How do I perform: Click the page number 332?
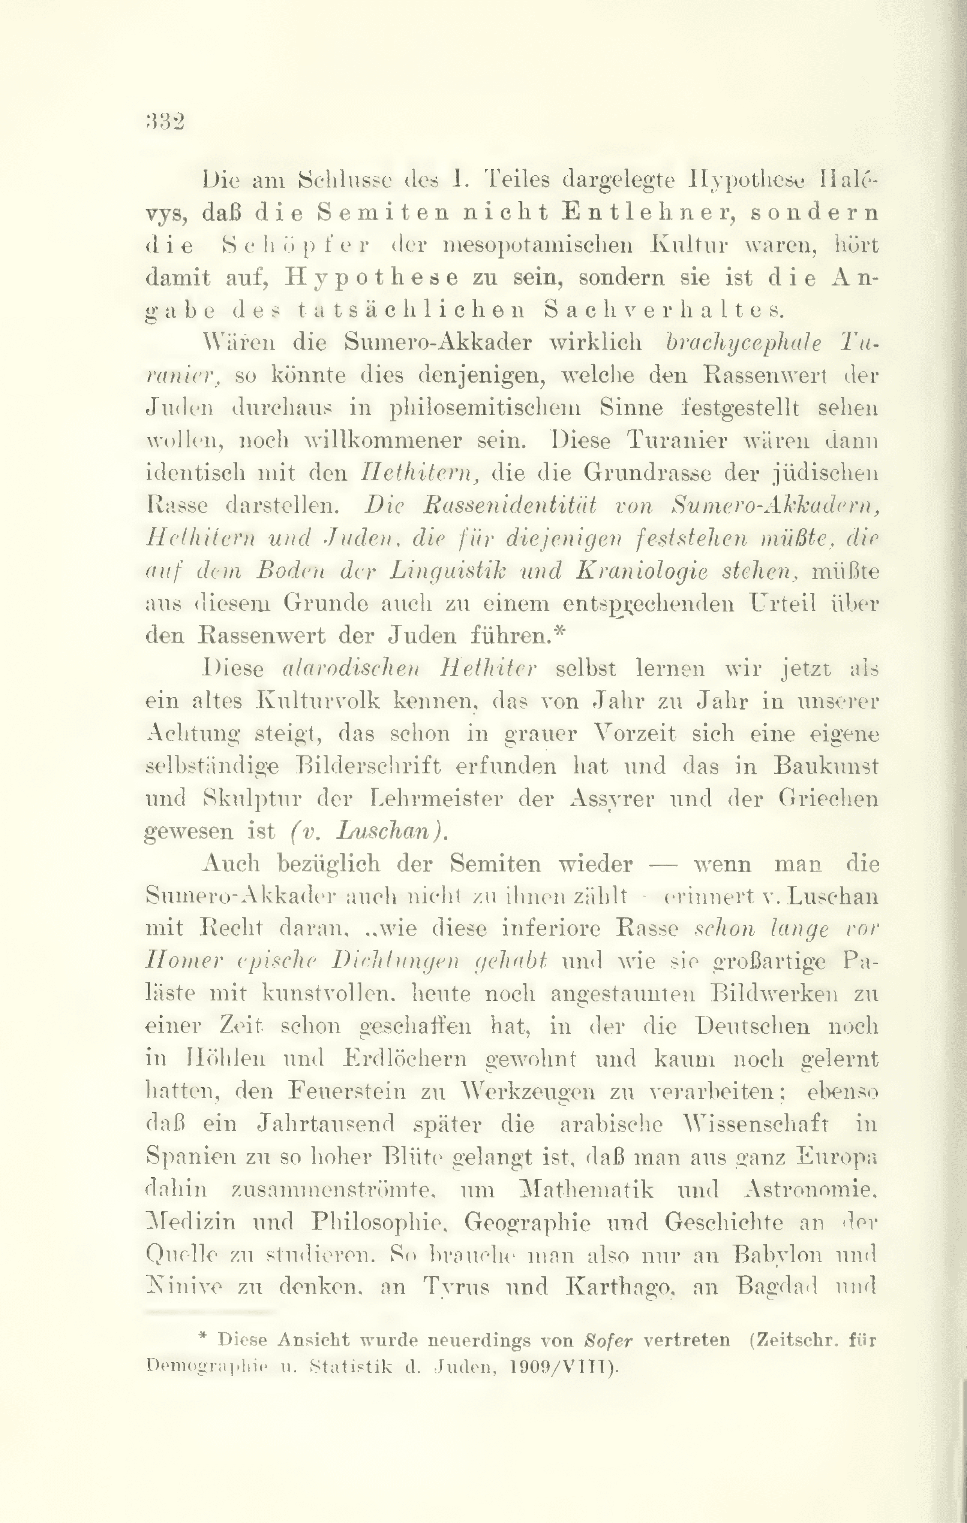pos(165,120)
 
